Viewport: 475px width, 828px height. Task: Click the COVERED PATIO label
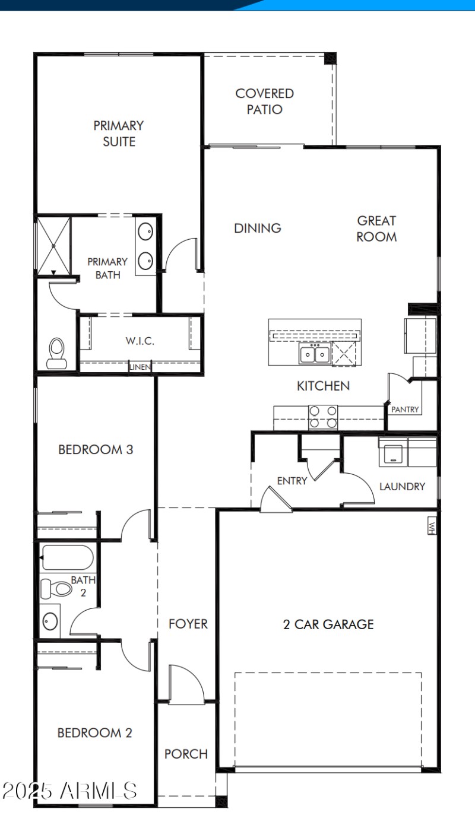point(264,101)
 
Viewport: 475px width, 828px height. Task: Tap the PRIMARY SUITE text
point(119,134)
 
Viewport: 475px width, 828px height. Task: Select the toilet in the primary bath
point(56,352)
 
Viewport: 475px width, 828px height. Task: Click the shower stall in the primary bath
point(53,245)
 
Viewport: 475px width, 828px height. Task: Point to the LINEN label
point(140,367)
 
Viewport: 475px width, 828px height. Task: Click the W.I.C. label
point(140,341)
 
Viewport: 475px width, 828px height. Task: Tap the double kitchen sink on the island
point(315,355)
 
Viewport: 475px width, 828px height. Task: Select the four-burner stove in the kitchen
point(323,417)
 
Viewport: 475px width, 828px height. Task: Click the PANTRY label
point(405,410)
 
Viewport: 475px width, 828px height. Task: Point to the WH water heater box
point(432,526)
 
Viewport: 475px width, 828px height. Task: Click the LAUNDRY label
point(402,487)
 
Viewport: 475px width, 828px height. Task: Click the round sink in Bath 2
point(50,621)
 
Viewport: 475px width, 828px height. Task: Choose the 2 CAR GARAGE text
point(328,624)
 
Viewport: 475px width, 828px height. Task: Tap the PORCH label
point(186,754)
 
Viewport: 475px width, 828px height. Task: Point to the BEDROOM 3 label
point(96,450)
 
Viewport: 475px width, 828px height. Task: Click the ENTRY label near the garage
point(292,481)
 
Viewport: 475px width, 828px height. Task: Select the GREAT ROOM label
point(376,229)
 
